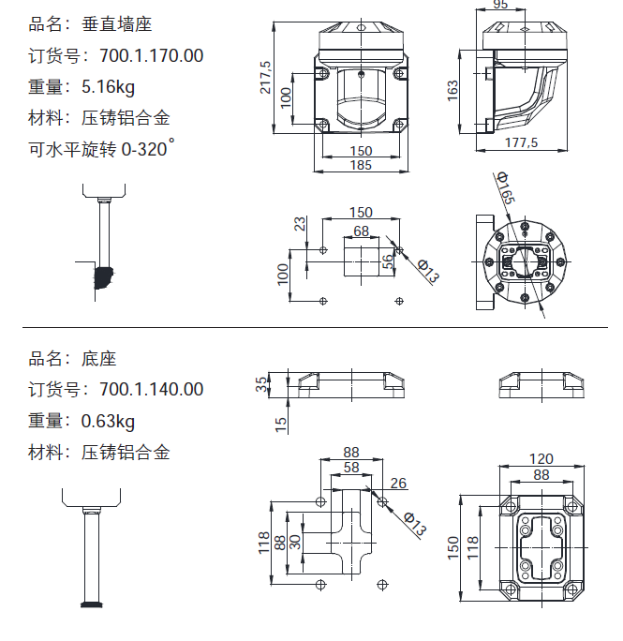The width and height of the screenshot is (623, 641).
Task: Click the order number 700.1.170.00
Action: coord(151,55)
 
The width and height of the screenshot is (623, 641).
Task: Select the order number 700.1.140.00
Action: coord(151,389)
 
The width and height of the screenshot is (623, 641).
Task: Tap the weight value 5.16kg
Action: coord(108,87)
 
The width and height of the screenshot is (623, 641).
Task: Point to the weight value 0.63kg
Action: coord(108,421)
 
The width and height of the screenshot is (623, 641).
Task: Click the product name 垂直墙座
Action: coord(116,24)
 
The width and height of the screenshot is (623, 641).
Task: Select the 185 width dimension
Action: coord(361,165)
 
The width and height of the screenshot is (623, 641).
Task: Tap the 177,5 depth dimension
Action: coord(521,142)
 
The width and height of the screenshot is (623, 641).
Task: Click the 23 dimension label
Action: coord(300,224)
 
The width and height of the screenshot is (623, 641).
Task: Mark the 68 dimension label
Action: coord(361,230)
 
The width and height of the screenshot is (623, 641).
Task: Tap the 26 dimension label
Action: coord(398,484)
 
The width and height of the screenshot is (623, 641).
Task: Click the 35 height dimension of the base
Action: coord(260,383)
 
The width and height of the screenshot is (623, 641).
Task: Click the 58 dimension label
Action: coord(351,466)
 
